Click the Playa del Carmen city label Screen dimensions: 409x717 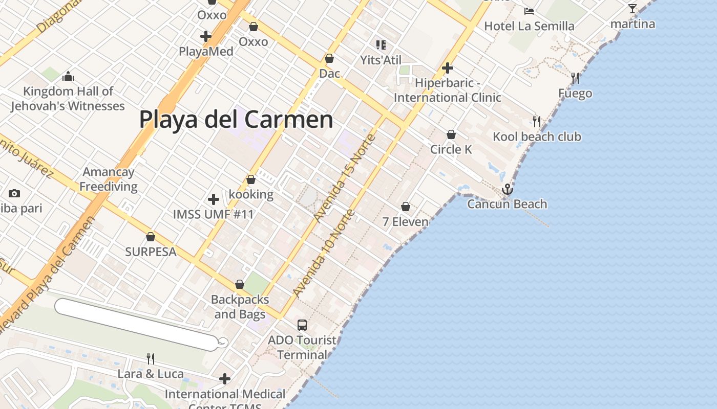click(x=236, y=120)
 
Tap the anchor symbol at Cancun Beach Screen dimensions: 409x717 click(x=507, y=189)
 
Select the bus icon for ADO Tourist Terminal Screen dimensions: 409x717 click(x=302, y=325)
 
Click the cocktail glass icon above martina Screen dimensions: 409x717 click(x=632, y=9)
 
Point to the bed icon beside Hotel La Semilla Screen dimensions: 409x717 click(x=529, y=11)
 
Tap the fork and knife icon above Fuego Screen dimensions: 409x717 click(x=575, y=78)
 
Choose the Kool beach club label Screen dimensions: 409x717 click(x=537, y=137)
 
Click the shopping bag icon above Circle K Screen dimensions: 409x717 click(x=451, y=134)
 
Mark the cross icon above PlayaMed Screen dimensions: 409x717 click(x=206, y=36)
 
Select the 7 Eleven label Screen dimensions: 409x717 click(x=406, y=221)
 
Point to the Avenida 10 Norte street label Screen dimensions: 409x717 click(x=323, y=254)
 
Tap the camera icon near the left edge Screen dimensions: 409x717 click(x=14, y=193)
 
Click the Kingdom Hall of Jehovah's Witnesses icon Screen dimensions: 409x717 click(x=68, y=77)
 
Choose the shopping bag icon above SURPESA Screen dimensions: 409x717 click(x=151, y=237)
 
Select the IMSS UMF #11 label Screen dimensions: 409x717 click(x=213, y=214)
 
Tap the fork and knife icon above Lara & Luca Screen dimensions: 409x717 click(x=150, y=358)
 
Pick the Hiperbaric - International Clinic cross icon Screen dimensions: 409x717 click(x=448, y=68)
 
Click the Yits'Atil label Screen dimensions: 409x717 click(x=381, y=60)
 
